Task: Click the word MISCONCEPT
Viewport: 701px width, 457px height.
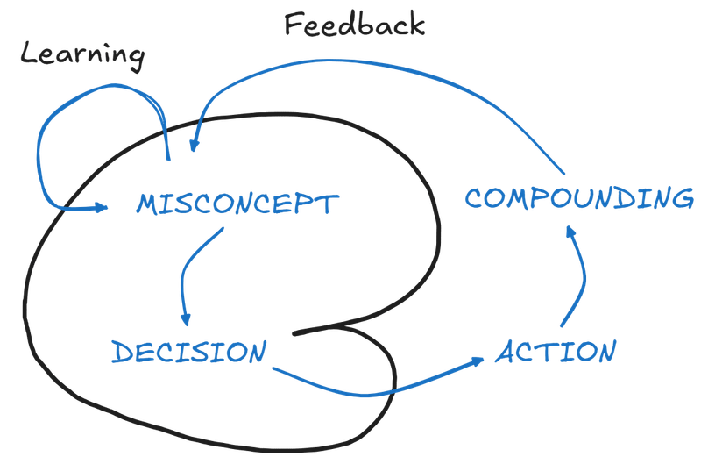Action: point(235,205)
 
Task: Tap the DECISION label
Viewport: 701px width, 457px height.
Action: point(188,353)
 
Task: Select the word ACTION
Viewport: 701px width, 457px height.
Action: point(556,353)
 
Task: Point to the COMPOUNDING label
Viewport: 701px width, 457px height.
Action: point(578,198)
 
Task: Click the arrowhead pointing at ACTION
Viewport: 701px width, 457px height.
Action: point(478,360)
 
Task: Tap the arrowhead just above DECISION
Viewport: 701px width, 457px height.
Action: point(186,322)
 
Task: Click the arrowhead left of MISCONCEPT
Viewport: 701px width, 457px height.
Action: point(102,208)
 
